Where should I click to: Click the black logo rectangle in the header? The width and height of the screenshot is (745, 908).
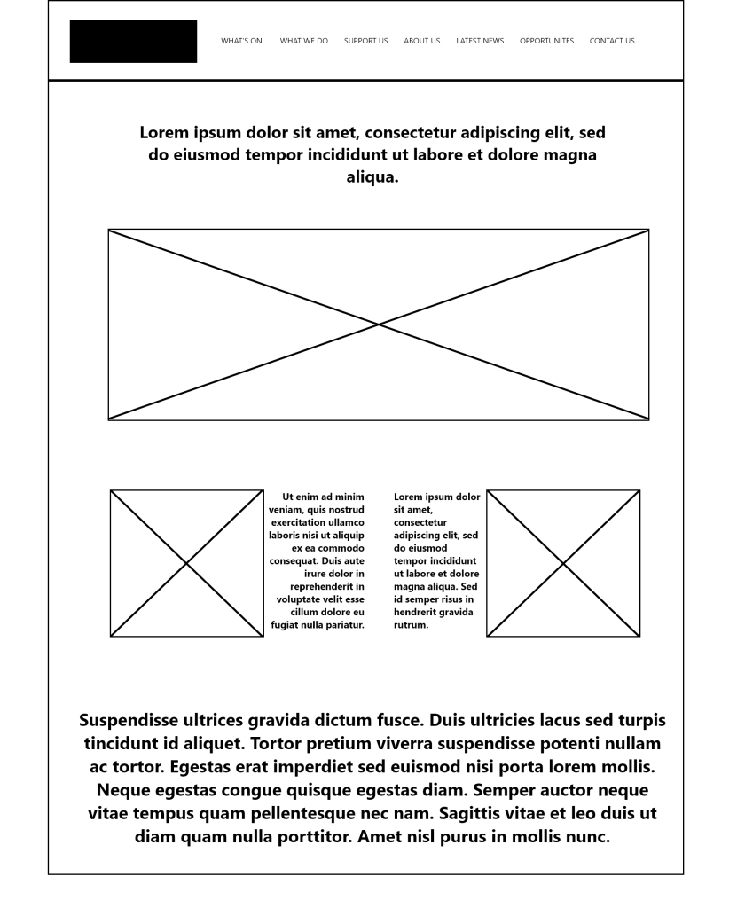coord(133,41)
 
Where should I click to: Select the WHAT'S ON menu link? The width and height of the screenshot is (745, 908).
coord(241,41)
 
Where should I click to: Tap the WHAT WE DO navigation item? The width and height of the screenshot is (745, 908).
coord(303,41)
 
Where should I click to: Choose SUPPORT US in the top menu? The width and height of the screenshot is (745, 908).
coord(365,41)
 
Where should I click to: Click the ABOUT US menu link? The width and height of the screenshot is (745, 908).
coord(421,41)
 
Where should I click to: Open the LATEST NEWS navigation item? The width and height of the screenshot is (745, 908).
coord(480,41)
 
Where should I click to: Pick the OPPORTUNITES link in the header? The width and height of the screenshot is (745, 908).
coord(546,41)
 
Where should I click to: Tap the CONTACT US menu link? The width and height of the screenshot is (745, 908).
coord(612,41)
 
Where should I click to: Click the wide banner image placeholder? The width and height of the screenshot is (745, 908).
coord(379,325)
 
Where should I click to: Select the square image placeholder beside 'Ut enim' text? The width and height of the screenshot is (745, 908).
coord(186,563)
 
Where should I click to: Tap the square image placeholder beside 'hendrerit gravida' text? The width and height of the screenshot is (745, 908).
coord(563,563)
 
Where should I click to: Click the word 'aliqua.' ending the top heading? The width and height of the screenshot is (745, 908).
coord(372,176)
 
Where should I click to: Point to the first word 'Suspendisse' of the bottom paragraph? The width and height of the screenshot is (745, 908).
coord(133,720)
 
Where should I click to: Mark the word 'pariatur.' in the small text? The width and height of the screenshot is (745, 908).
coord(341,625)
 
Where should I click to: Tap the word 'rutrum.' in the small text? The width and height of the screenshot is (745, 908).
coord(412,625)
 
